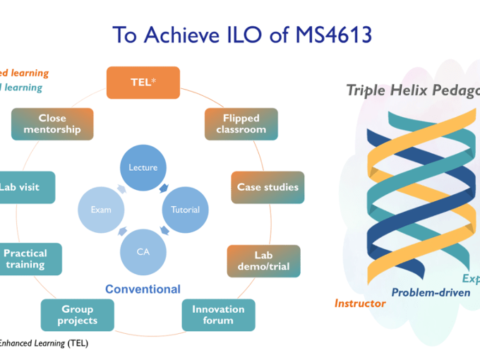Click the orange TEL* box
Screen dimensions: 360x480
pos(144,82)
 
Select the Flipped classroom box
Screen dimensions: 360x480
pos(241,124)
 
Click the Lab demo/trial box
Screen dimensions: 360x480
pos(263,260)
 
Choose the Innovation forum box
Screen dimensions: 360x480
pos(218,315)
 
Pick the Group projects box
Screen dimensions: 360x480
pos(78,315)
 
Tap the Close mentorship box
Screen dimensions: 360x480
pos(52,124)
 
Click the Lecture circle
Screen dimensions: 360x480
pos(143,167)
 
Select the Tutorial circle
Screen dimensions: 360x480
pos(185,209)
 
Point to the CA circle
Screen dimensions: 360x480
pos(143,251)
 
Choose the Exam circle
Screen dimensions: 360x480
pos(101,209)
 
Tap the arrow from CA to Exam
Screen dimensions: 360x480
pos(121,231)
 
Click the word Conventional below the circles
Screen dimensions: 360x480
pos(143,289)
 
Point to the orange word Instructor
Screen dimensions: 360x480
pos(360,304)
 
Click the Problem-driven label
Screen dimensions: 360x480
pos(431,292)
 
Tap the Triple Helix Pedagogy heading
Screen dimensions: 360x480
pos(412,91)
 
